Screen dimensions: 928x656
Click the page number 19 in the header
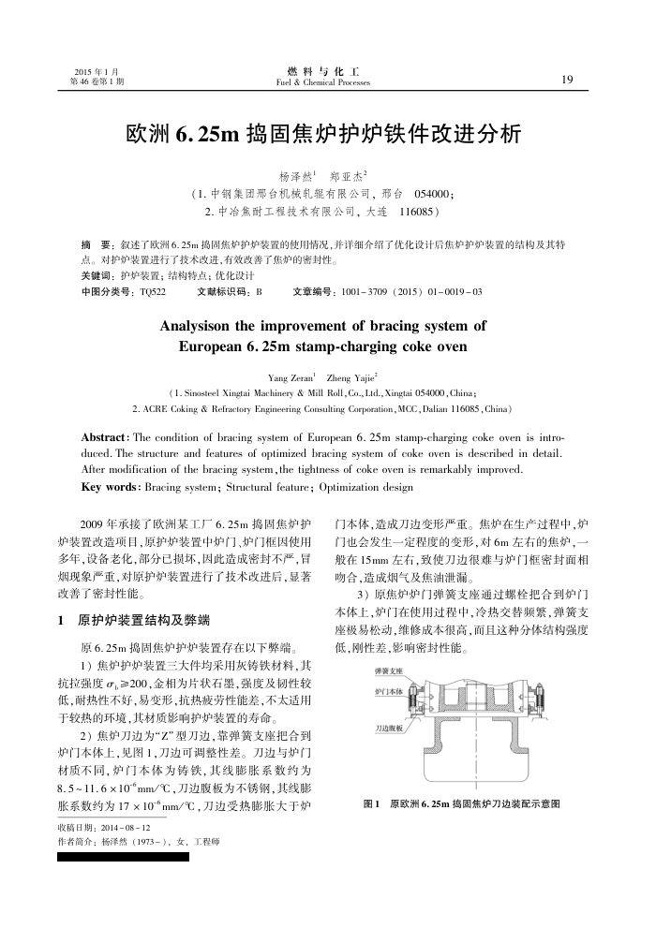[566, 79]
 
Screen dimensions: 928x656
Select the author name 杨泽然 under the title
[296, 176]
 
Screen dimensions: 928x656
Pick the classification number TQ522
[151, 292]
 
